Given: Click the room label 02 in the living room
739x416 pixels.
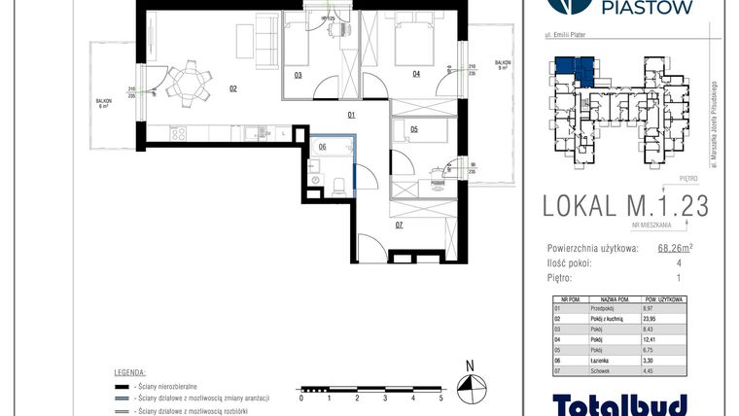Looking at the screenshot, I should [x=233, y=88].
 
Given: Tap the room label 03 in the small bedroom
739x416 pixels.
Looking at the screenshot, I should [x=297, y=75].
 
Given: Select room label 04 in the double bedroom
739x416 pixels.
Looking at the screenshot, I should [x=415, y=74].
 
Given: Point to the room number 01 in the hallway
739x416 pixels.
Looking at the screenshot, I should [x=351, y=115].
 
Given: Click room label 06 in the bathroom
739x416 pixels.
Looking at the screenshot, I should [x=322, y=148].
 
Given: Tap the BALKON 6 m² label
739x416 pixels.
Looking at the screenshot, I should [x=104, y=103].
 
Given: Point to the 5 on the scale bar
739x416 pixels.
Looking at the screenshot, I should [x=440, y=399].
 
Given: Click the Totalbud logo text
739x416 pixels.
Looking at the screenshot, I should [x=620, y=403].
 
